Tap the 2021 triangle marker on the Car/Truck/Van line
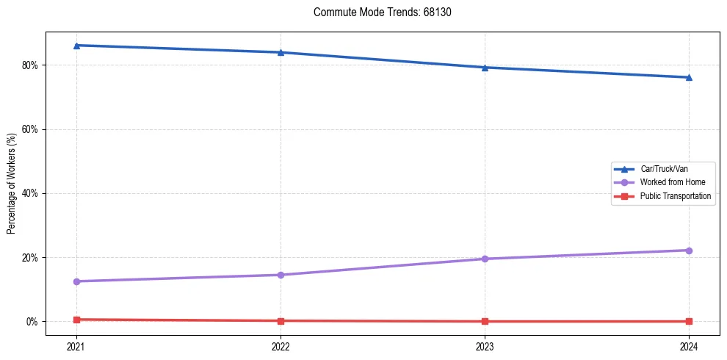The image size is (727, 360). pos(76,46)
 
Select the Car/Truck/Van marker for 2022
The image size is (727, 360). pos(281,52)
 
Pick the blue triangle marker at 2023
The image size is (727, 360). pos(485,68)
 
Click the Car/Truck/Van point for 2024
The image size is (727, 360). pos(689,77)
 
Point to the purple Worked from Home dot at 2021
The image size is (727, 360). pos(76,281)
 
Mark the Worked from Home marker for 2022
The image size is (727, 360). pos(281,275)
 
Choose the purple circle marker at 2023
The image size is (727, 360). pos(485,259)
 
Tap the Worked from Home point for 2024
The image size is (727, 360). pos(689,251)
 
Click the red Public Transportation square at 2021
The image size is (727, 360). pos(76,320)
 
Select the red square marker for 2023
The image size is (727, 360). pos(485,321)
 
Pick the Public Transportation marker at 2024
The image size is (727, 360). pos(689,321)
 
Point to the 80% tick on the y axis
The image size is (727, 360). pos(31,65)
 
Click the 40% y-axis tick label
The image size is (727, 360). pos(31,193)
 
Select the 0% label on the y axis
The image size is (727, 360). pos(33,322)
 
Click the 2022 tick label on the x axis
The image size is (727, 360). pos(281,345)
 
